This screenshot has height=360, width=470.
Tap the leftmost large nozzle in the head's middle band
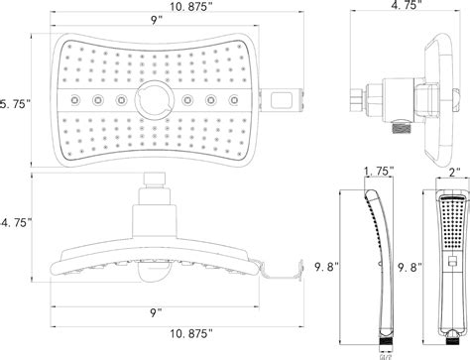coord(73,101)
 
